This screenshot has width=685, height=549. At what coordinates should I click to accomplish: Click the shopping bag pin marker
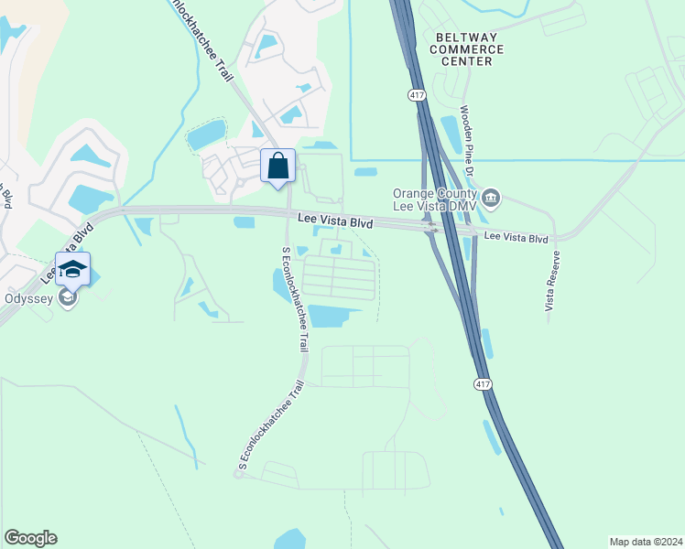tap(278, 167)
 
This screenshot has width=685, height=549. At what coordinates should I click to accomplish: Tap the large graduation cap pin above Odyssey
tap(73, 269)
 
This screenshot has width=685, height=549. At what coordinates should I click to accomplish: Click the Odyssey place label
tap(27, 297)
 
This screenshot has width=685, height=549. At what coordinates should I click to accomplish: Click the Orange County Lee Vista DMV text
tap(434, 199)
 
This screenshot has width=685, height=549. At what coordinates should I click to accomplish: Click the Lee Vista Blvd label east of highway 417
tap(515, 238)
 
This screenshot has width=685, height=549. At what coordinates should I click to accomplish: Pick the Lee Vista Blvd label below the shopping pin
tap(336, 221)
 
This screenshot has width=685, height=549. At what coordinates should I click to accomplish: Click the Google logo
tap(30, 538)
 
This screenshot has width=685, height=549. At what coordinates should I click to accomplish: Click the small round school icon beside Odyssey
tap(67, 297)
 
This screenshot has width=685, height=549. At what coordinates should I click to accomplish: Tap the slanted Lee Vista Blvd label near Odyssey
tap(66, 249)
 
